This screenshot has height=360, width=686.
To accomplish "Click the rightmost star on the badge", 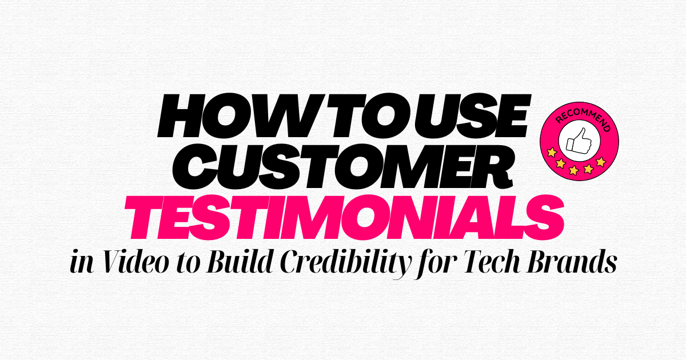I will pyautogui.click(x=601, y=162).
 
